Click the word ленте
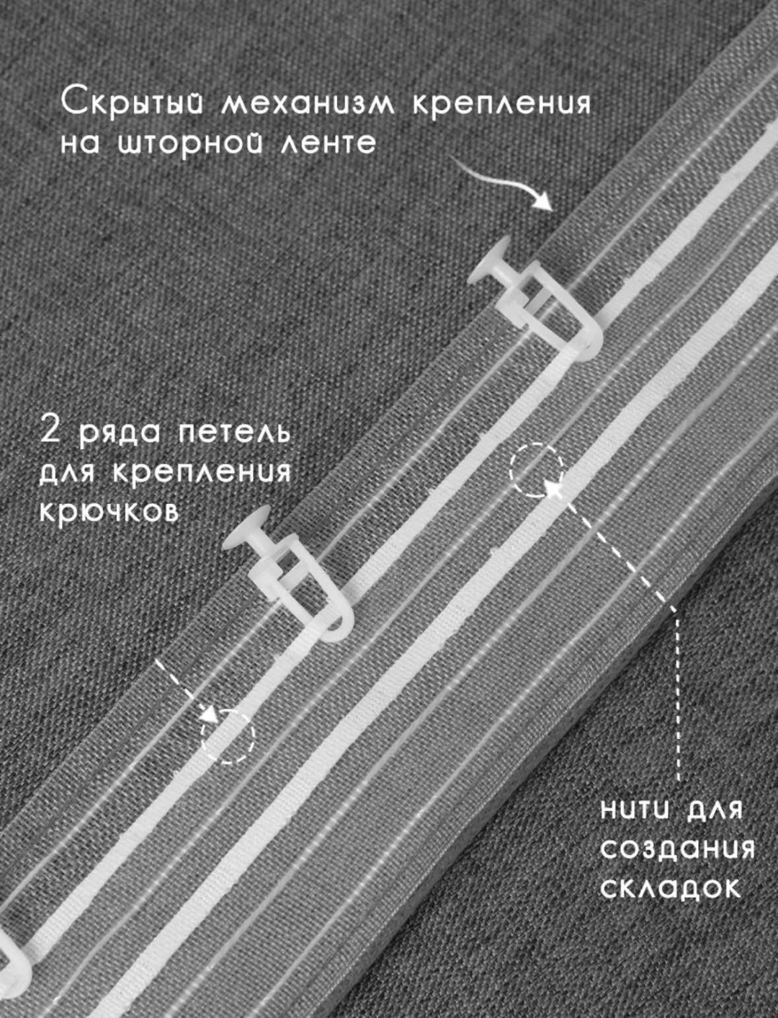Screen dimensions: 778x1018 point(328,143)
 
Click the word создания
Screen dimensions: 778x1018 point(677,849)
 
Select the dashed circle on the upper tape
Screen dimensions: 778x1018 point(537,470)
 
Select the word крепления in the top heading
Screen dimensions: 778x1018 point(501,104)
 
